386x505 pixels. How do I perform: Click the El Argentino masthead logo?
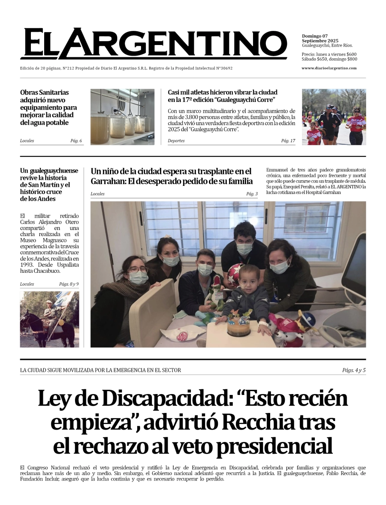154,44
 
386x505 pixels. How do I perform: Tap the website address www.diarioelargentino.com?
329,68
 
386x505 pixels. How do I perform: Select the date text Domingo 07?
315,36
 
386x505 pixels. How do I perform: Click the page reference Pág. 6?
76,141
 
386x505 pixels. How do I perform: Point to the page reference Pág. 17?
288,141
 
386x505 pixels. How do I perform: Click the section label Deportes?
176,141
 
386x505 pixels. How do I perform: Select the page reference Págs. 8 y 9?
69,284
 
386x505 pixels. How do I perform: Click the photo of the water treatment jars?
122,117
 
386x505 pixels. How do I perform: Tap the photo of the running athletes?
334,117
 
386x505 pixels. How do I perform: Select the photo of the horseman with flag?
49,319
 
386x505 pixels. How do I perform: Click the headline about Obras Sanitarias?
48,107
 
